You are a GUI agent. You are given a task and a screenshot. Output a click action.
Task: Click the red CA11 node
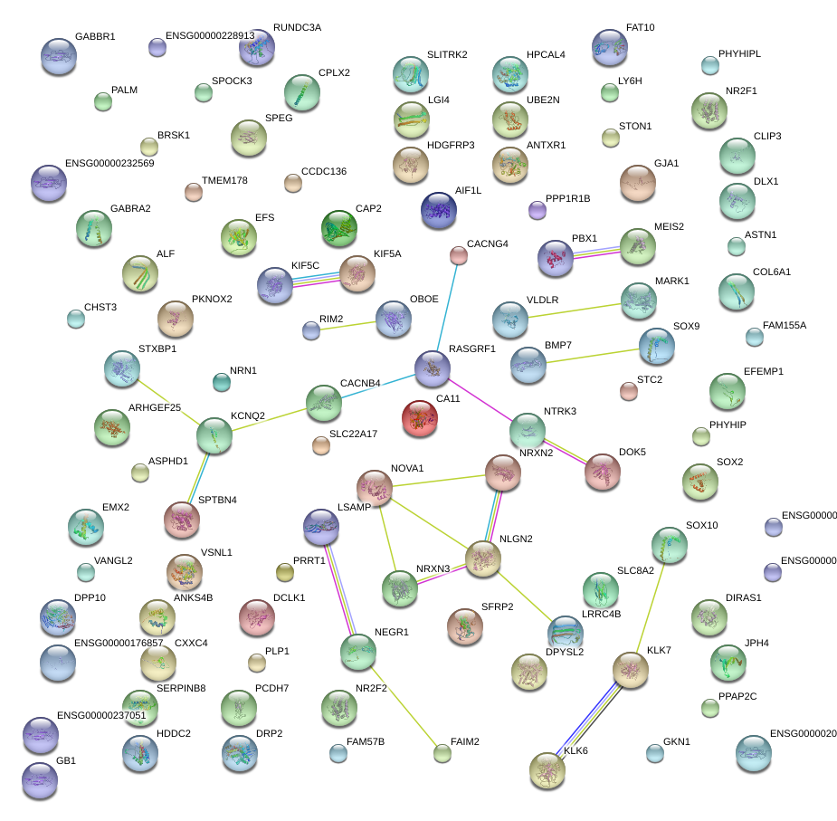(x=420, y=418)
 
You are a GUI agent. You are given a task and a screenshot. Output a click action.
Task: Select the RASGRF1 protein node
(x=433, y=367)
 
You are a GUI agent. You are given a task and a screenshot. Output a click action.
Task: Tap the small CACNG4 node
(x=459, y=256)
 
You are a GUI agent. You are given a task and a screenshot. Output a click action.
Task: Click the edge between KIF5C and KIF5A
(x=316, y=279)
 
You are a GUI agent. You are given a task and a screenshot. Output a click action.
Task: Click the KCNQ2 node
(x=214, y=435)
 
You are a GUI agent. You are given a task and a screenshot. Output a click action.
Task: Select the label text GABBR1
(x=95, y=37)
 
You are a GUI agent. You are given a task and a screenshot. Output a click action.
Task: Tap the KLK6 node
(x=547, y=769)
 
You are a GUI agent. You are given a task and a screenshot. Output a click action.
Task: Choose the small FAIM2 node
(x=442, y=752)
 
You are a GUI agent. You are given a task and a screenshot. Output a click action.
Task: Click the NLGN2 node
(x=483, y=559)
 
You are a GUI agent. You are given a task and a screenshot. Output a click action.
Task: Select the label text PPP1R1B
(x=568, y=198)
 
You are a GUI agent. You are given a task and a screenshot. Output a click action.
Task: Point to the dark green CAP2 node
(x=339, y=228)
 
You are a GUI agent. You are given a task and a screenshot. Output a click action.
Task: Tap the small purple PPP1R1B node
(x=537, y=210)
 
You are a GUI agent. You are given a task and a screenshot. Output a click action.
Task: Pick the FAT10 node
(x=609, y=46)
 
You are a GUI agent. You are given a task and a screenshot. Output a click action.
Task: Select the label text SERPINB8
(x=181, y=688)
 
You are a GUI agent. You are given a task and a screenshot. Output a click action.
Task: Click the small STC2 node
(x=628, y=391)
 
